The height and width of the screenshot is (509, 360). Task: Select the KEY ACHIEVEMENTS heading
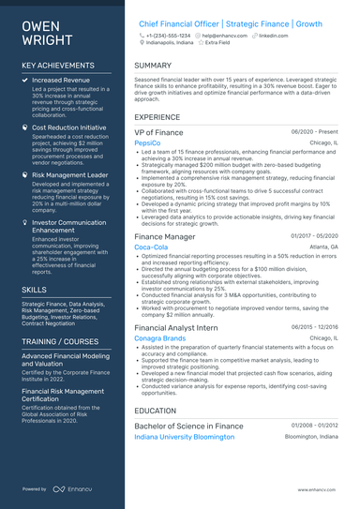56,65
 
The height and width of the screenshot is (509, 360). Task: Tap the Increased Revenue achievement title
61,81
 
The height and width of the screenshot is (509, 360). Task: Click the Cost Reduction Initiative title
69,127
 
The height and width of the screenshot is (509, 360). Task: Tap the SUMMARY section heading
153,66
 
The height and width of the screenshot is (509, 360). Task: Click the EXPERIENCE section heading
157,117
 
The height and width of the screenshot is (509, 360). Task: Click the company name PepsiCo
148,142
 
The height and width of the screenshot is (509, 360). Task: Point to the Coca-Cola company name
153,247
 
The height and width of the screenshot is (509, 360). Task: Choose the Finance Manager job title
164,237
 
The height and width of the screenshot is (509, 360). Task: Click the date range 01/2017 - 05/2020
314,236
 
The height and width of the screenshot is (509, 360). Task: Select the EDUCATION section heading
156,410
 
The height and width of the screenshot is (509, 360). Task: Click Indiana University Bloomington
185,436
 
